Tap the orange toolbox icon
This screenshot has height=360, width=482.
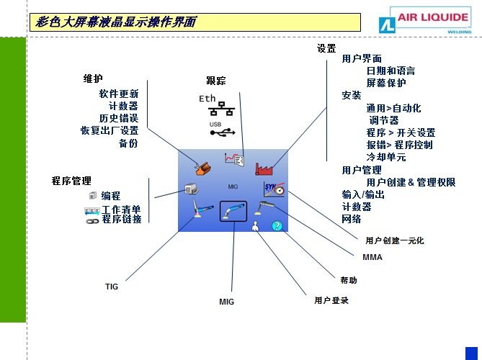tap(203, 168)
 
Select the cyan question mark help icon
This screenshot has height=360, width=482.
tap(277, 226)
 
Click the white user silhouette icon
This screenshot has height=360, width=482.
tap(255, 227)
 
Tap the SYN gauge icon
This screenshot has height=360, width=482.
tap(275, 190)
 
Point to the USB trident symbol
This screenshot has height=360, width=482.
tap(223, 132)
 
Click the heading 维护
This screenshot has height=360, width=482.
tap(94, 79)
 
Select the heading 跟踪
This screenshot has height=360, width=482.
tap(216, 81)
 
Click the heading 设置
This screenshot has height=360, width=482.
tap(326, 49)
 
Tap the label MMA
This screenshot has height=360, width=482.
tap(372, 257)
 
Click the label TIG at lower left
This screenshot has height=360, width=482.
tap(112, 287)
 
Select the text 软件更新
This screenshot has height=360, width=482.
tap(119, 94)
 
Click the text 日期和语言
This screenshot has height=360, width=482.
tap(390, 71)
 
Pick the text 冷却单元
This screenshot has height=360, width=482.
tap(386, 157)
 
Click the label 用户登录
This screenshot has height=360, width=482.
tap(331, 300)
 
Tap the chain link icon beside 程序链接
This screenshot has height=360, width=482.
tap(92, 220)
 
